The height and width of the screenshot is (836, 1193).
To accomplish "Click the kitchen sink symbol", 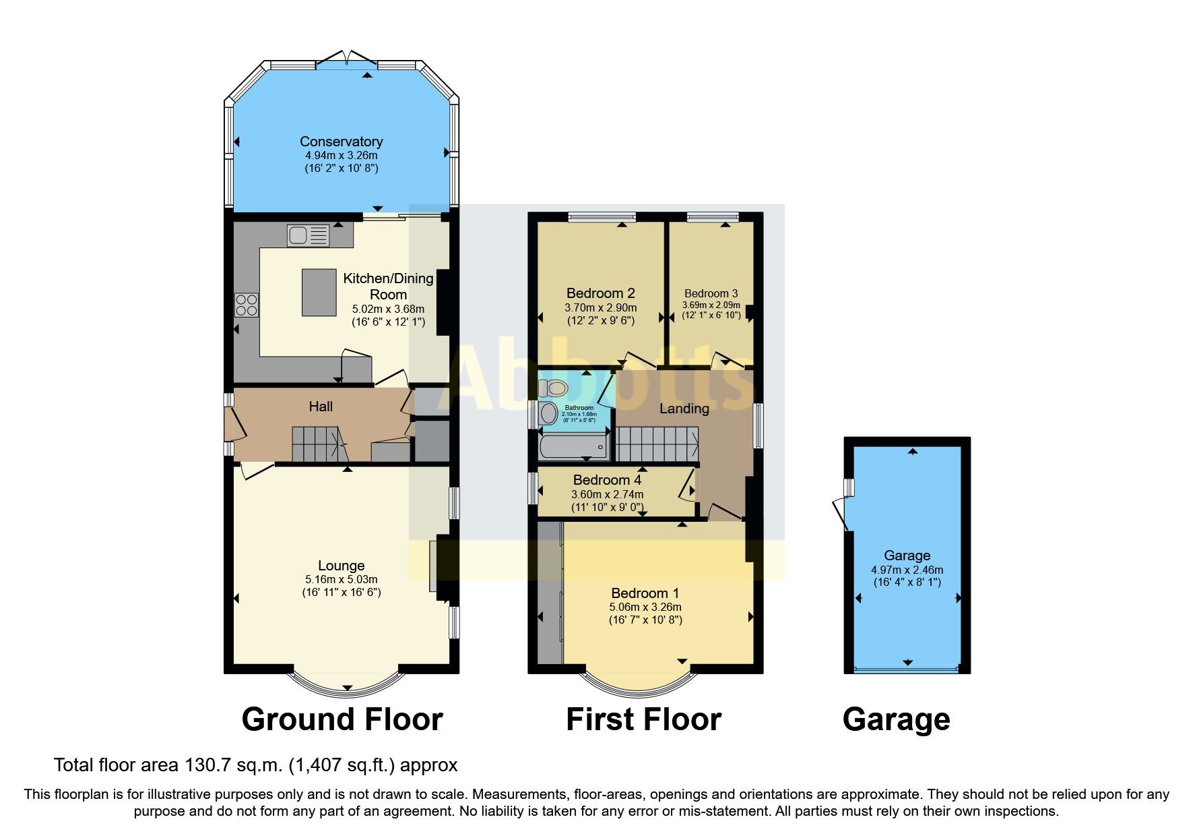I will pyautogui.click(x=308, y=235).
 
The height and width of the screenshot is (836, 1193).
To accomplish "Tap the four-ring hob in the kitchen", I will pyautogui.click(x=246, y=305).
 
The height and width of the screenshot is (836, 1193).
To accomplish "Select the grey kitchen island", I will pyautogui.click(x=319, y=292).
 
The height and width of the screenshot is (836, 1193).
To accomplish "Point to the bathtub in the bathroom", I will pyautogui.click(x=573, y=447).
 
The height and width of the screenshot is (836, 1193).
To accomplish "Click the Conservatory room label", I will pyautogui.click(x=341, y=142).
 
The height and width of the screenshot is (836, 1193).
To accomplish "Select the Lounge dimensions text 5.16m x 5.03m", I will pyautogui.click(x=341, y=579).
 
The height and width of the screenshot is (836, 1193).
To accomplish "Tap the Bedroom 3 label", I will pyautogui.click(x=711, y=293).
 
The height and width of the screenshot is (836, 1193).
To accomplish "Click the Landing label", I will pyautogui.click(x=684, y=409).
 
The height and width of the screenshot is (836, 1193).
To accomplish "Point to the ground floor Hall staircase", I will pyautogui.click(x=317, y=444).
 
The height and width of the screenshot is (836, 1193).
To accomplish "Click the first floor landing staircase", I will pyautogui.click(x=657, y=444).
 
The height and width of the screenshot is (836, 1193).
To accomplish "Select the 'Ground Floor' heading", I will pyautogui.click(x=342, y=719).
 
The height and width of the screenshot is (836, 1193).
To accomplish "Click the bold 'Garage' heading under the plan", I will pyautogui.click(x=896, y=719).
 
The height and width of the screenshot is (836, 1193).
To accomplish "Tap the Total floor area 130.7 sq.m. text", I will pyautogui.click(x=255, y=765).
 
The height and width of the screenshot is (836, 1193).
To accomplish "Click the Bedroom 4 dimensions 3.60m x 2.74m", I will pyautogui.click(x=607, y=494).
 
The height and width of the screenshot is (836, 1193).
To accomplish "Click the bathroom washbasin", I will pyautogui.click(x=548, y=413).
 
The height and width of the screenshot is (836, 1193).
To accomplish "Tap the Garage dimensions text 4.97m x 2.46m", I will pyautogui.click(x=907, y=570).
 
